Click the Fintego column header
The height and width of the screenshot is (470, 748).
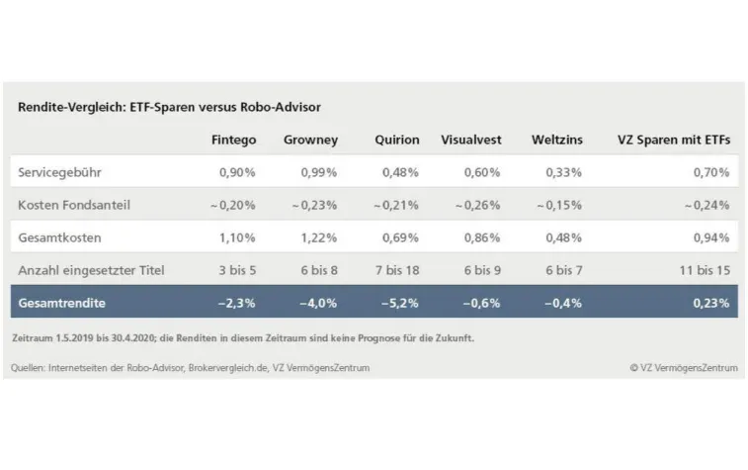tap(233, 140)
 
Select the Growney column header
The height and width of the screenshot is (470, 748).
tap(310, 140)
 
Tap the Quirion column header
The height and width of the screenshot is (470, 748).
tap(396, 140)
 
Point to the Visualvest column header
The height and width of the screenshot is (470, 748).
tap(470, 140)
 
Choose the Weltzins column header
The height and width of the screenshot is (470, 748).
tap(556, 140)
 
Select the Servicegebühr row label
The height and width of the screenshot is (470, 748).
tap(59, 172)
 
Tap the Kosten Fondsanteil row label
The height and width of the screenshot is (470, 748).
tap(74, 205)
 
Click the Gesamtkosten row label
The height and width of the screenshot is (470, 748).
tap(59, 237)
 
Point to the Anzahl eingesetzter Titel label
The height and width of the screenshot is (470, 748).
tap(91, 269)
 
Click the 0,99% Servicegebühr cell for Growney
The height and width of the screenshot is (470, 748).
tap(317, 172)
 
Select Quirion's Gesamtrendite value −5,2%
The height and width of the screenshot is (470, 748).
tap(399, 302)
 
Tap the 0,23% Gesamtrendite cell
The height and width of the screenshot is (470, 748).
tap(711, 302)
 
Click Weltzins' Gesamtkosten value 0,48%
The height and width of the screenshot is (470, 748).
tap(564, 237)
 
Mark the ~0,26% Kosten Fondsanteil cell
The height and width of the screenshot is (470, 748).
tap(477, 205)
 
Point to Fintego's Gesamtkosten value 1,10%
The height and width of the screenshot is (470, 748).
tap(237, 237)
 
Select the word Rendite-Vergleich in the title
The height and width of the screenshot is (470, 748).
tap(66, 107)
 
